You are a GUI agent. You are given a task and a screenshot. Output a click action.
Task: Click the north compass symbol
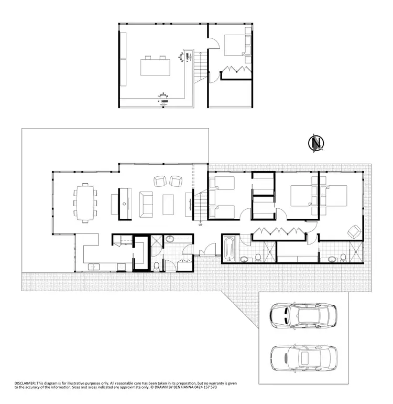(316, 143)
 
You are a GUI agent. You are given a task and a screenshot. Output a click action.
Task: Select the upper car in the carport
(303, 316)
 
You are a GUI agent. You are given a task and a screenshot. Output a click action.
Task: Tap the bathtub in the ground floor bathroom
(230, 249)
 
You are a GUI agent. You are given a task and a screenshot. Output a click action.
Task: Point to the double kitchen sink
(94, 267)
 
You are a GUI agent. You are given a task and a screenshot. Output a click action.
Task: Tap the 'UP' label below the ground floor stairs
(200, 226)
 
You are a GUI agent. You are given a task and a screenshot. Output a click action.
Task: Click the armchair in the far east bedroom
(354, 231)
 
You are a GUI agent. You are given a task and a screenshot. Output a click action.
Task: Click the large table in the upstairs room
(155, 68)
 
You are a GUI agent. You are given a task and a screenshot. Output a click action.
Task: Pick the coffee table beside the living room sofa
(169, 205)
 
